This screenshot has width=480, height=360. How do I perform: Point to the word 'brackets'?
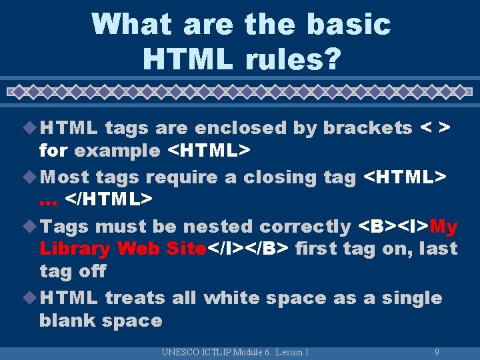click(x=368, y=128)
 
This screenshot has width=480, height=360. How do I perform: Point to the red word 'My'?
click(x=444, y=227)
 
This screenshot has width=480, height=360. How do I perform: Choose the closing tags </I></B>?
click(x=248, y=249)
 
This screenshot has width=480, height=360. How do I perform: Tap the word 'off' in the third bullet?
click(x=92, y=271)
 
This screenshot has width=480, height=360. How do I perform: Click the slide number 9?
click(x=436, y=352)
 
